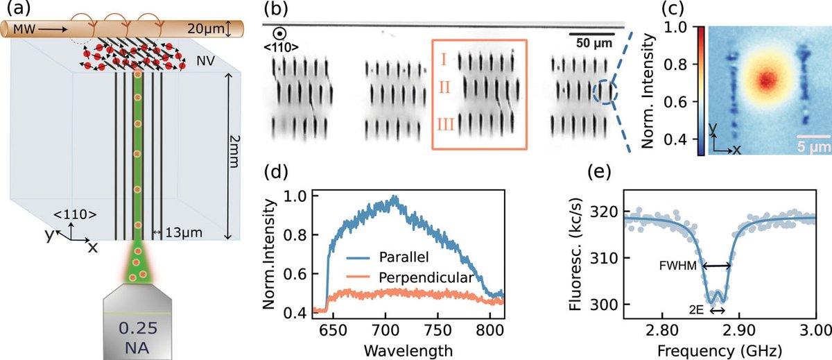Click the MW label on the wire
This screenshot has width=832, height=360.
tap(18, 30)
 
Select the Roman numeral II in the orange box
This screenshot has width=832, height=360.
tap(442, 90)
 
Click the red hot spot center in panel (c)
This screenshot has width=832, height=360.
tap(765, 79)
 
